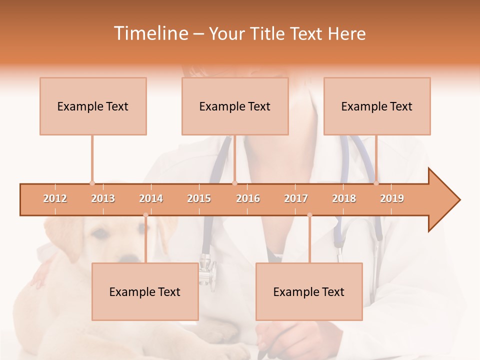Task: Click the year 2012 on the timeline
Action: click(x=55, y=198)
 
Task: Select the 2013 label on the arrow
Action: click(x=103, y=198)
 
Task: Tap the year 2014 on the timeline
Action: click(x=151, y=198)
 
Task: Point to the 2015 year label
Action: click(x=199, y=198)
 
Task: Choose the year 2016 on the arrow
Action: click(x=248, y=198)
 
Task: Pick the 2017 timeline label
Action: click(x=296, y=198)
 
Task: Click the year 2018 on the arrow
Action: click(x=344, y=198)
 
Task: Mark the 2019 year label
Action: click(x=392, y=198)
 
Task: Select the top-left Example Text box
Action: click(x=93, y=106)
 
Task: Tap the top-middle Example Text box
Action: click(x=235, y=106)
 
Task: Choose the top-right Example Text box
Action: click(x=377, y=106)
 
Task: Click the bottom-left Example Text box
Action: click(x=145, y=291)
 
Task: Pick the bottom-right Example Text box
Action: click(x=309, y=291)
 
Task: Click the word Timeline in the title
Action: click(x=150, y=33)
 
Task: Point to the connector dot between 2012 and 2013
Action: click(x=92, y=183)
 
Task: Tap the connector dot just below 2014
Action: click(x=145, y=215)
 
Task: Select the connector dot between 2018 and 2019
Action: click(x=376, y=183)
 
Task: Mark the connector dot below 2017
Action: click(x=309, y=215)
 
